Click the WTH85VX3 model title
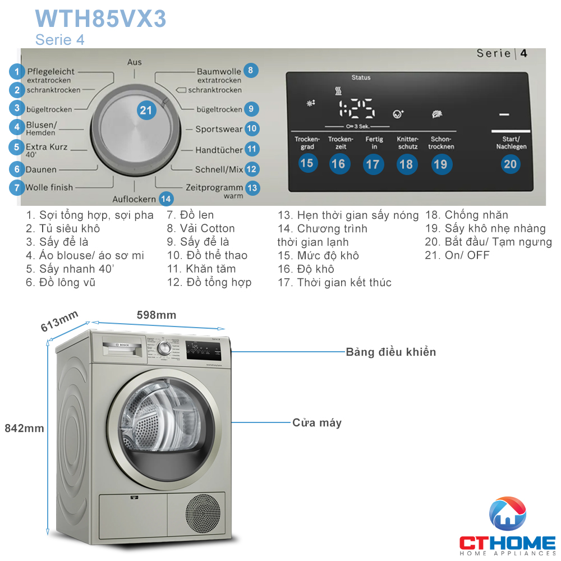[x=100, y=19]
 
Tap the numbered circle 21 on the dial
[x=146, y=111]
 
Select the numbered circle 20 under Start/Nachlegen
[x=511, y=164]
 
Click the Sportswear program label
[x=219, y=129]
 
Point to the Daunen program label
[x=41, y=169]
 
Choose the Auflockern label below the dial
[x=134, y=199]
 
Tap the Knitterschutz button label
[x=407, y=142]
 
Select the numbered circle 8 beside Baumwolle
[x=251, y=71]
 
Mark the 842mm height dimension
[x=24, y=428]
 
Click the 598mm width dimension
[x=157, y=315]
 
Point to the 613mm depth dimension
[x=59, y=321]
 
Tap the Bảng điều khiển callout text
[x=390, y=352]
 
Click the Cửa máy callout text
[x=316, y=422]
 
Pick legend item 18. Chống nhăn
[x=466, y=215]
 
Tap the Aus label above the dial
[x=135, y=62]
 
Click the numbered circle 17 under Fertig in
[x=373, y=164]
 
